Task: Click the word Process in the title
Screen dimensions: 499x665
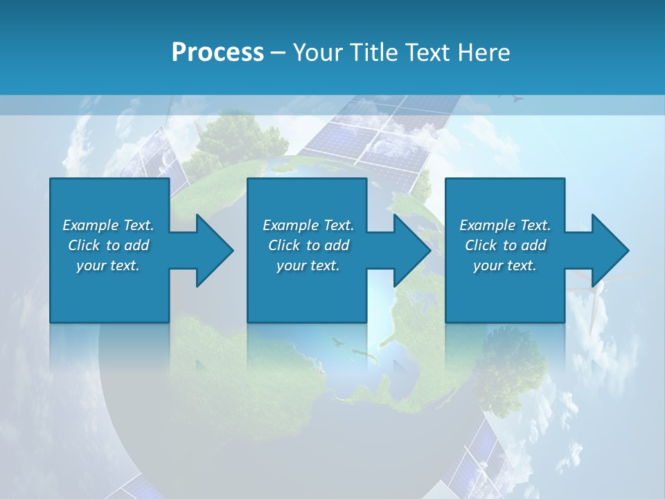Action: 218,53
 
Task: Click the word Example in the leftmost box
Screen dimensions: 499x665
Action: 91,225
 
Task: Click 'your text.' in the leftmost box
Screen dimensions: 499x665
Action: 108,265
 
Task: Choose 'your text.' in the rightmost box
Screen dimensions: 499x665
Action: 505,265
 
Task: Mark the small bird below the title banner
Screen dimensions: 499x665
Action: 516,98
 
